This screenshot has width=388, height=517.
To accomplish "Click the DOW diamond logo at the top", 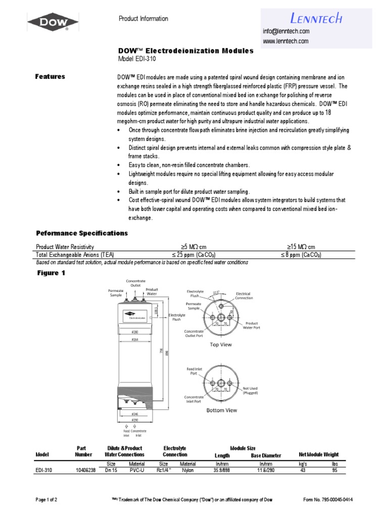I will [x=53, y=22].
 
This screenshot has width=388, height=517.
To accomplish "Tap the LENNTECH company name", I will [x=316, y=19].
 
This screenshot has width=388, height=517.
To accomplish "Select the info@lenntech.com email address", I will [x=285, y=31].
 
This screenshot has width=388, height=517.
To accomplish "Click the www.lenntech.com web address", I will [x=285, y=41].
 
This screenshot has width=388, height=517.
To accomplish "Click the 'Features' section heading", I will [x=50, y=77].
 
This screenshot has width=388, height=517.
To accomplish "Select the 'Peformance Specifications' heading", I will [x=81, y=233].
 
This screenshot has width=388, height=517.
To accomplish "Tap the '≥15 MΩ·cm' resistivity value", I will [x=301, y=247].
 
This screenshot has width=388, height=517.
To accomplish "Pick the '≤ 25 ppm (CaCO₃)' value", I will [x=195, y=255].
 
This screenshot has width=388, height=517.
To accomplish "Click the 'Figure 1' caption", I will [x=51, y=273].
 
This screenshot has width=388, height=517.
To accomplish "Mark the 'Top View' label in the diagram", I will [x=221, y=345].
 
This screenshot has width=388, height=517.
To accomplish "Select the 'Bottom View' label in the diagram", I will [x=222, y=410].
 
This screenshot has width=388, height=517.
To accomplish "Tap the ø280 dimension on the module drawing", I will [x=134, y=332].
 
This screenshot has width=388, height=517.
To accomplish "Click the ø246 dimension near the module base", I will [x=134, y=413].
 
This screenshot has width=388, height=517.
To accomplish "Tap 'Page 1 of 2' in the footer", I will [x=46, y=500].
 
